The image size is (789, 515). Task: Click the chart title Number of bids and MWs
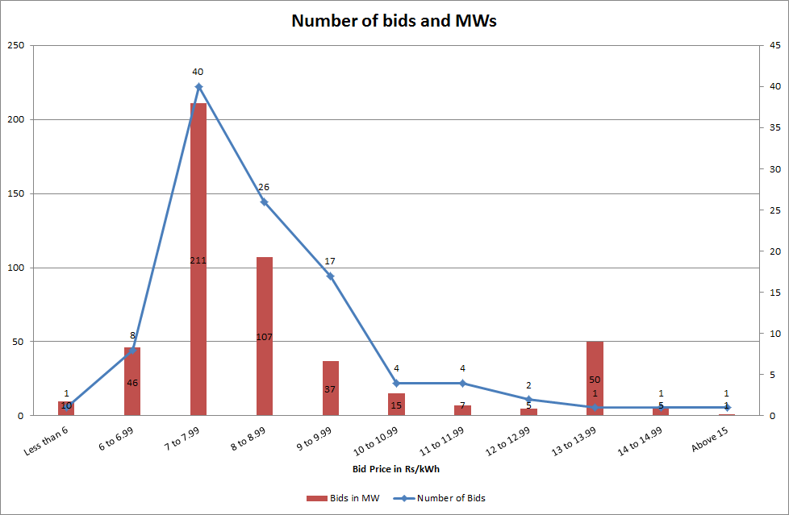click(x=394, y=21)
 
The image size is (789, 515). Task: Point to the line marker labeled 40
click(x=198, y=86)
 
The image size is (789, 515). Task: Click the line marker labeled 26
click(x=265, y=201)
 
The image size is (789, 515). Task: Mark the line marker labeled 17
click(x=331, y=276)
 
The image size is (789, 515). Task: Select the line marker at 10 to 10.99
click(x=396, y=383)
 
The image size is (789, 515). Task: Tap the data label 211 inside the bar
click(x=198, y=260)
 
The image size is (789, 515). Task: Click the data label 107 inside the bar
click(x=265, y=336)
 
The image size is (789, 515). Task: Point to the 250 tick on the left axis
click(x=15, y=46)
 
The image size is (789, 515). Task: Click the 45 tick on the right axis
click(x=774, y=46)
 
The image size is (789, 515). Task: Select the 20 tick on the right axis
click(x=774, y=251)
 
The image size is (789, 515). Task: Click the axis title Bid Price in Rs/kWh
click(x=395, y=468)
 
